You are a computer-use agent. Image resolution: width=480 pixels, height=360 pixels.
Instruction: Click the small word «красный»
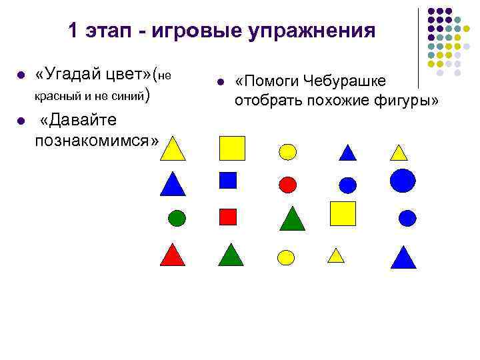tap(57, 96)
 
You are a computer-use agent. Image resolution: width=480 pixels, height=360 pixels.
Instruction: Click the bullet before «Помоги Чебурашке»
tap(220, 82)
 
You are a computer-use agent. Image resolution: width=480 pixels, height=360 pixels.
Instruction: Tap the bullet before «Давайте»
tap(21, 121)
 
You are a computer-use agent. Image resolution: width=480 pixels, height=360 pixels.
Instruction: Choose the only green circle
tap(177, 217)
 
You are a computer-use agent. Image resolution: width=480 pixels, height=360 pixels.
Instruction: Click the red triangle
tap(172, 255)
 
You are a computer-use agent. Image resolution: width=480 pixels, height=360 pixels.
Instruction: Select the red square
tap(228, 217)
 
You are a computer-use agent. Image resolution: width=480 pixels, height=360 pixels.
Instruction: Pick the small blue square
tap(228, 180)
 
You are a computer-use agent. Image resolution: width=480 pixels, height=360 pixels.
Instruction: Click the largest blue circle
tap(403, 180)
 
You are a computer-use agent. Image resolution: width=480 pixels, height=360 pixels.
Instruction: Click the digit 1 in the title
tap(73, 31)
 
